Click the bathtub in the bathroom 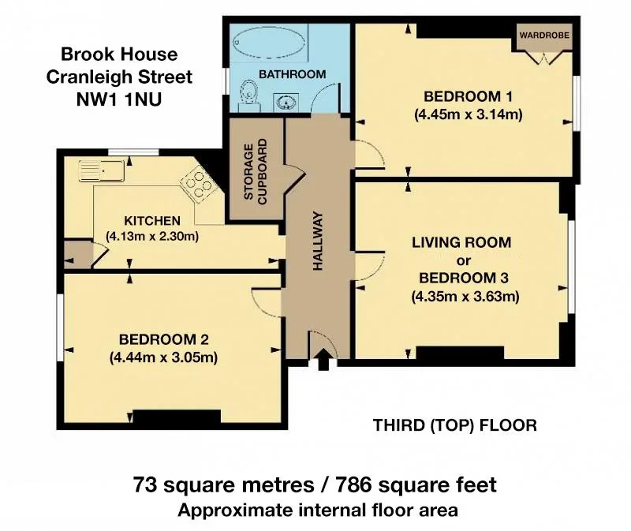tap(269, 43)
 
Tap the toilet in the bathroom tap(248, 95)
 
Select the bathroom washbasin tap(286, 103)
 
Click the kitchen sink tap(102, 171)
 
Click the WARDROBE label tap(544, 35)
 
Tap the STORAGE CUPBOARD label tap(255, 172)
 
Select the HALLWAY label tap(318, 241)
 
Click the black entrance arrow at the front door tap(323, 360)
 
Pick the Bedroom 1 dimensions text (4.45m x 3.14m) tap(468, 114)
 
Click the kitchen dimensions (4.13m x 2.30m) tap(152, 236)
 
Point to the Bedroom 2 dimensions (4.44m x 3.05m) tap(163, 357)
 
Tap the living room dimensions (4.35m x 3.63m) tap(465, 297)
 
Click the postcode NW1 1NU tap(119, 99)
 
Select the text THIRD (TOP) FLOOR tap(455, 425)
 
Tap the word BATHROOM tap(292, 74)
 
